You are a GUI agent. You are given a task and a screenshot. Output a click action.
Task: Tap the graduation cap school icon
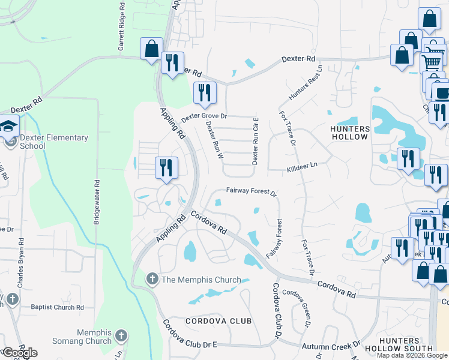pyautogui.click(x=9, y=126)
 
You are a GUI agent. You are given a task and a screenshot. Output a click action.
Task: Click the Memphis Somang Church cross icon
pyautogui.click(x=121, y=335)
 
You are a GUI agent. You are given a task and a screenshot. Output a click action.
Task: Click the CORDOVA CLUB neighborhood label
pyautogui.click(x=218, y=321)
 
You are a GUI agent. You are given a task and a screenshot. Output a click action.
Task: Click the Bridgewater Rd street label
pyautogui.click(x=96, y=202)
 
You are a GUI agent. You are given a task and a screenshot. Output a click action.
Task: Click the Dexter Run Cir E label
pyautogui.click(x=255, y=142)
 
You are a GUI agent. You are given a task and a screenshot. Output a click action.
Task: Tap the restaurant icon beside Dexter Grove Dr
pyautogui.click(x=205, y=92)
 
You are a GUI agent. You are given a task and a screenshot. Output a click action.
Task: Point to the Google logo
pyautogui.click(x=20, y=352)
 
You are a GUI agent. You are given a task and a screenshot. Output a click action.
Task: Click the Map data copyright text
pyautogui.click(x=412, y=355)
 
